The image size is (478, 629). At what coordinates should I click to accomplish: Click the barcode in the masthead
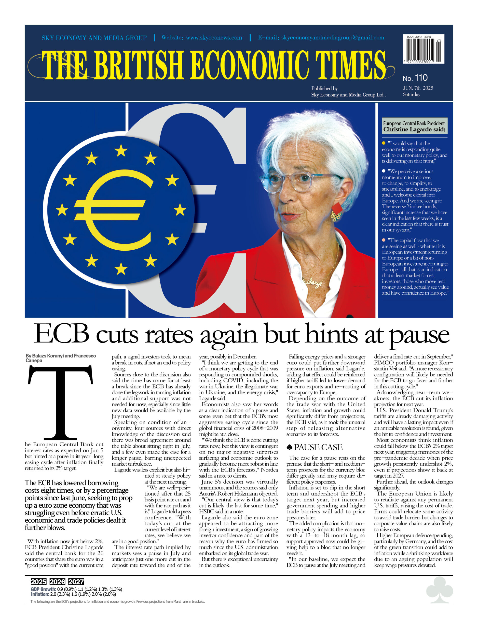(x=423, y=49)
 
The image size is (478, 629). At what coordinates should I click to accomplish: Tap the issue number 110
(x=421, y=77)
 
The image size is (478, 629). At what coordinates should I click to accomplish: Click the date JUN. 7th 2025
(x=418, y=88)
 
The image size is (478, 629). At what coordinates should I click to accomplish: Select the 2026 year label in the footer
(x=57, y=582)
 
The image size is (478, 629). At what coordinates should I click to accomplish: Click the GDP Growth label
(x=43, y=589)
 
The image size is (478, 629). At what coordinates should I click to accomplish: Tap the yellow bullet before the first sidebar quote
(x=383, y=143)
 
